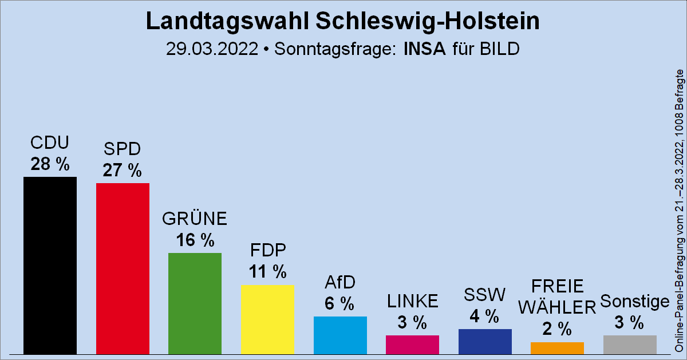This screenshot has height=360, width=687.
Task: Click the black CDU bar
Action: (50, 265)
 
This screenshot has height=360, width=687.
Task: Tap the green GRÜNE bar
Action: (195, 303)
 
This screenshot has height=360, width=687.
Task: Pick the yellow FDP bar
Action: (267, 319)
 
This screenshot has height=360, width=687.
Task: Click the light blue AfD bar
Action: (340, 335)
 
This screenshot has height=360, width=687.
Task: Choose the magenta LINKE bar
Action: (412, 344)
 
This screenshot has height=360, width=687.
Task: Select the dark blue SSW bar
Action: (485, 341)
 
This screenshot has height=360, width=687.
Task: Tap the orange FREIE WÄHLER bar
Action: (557, 347)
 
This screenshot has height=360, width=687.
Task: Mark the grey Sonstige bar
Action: (630, 344)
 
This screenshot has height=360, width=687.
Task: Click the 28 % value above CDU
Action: (50, 165)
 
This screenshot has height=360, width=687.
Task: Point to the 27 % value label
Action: (122, 171)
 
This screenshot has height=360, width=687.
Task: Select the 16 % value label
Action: (195, 240)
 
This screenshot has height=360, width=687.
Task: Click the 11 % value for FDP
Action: (267, 272)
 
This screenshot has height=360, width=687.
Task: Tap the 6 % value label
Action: (339, 304)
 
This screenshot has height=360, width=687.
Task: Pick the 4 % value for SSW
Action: (484, 317)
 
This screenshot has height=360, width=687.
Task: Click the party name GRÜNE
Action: (195, 219)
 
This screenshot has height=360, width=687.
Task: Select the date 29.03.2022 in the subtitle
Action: (212, 49)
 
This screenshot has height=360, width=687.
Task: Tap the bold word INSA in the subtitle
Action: (424, 49)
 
